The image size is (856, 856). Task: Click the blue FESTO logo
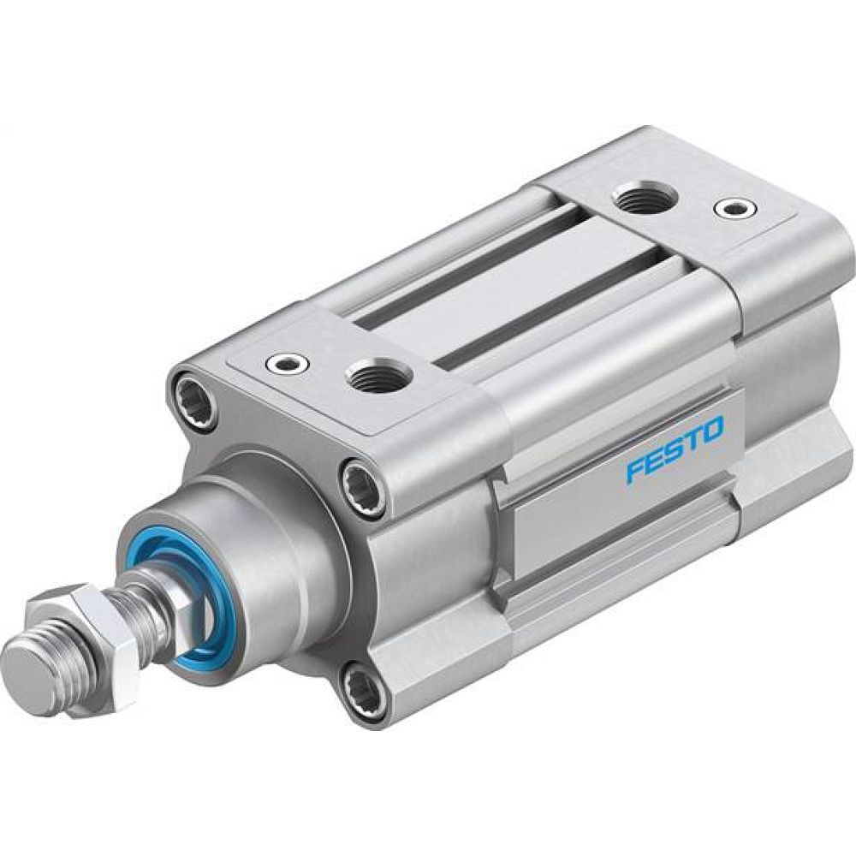point(675,449)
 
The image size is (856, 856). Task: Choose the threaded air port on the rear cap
point(646,200)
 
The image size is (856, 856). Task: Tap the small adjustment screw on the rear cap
point(734,207)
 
